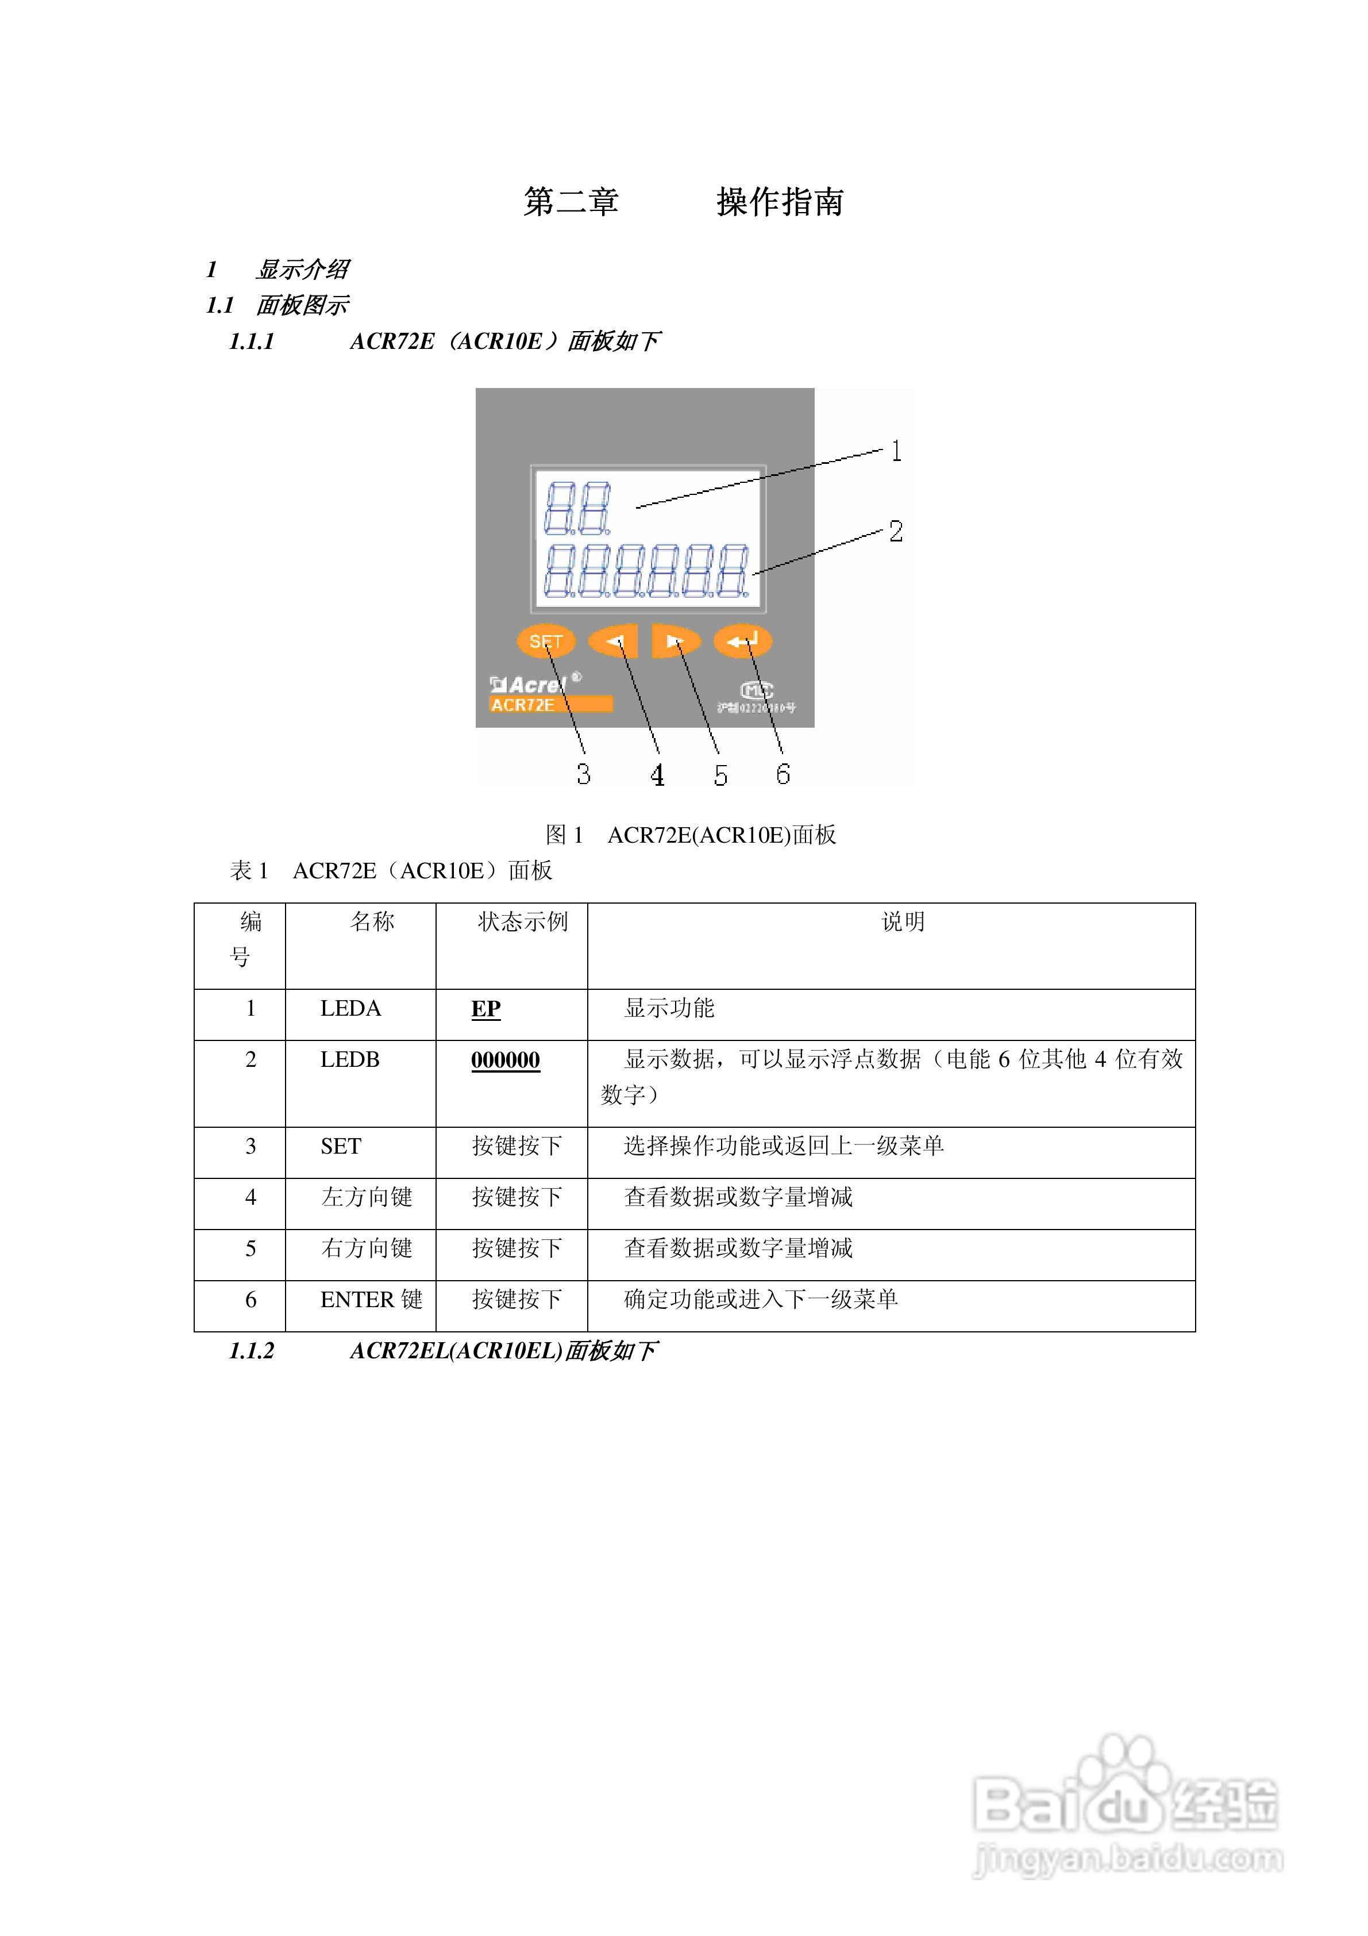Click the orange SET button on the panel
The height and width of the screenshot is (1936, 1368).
click(545, 641)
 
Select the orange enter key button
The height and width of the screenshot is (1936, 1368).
click(742, 642)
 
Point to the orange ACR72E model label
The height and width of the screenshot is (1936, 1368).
click(550, 705)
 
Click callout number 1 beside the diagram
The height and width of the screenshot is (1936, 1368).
click(896, 451)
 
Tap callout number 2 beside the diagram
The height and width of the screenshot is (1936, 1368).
click(895, 531)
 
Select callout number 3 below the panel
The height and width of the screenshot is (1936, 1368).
click(583, 774)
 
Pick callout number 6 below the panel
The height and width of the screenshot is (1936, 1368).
click(783, 774)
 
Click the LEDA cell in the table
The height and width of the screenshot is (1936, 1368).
click(350, 1008)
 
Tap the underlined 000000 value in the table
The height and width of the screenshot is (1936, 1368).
click(505, 1060)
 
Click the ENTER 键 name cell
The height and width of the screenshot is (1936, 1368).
click(371, 1299)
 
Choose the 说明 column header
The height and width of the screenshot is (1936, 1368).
click(903, 921)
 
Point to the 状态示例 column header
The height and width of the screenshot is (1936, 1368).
click(523, 921)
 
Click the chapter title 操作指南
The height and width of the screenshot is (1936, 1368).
click(780, 202)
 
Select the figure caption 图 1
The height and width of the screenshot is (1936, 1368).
click(564, 835)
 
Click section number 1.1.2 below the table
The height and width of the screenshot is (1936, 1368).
click(251, 1351)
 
